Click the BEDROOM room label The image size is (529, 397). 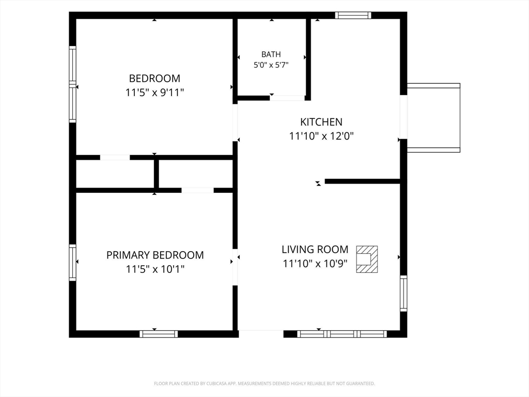[x=154, y=79]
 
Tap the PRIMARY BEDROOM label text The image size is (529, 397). [x=155, y=255]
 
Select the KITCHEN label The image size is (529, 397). [x=321, y=122]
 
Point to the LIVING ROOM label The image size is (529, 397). [x=315, y=250]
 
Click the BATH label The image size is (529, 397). [x=271, y=54]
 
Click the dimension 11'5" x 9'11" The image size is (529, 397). [x=154, y=92]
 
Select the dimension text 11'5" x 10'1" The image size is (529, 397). [x=155, y=269]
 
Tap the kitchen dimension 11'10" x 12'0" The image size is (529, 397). [x=321, y=136]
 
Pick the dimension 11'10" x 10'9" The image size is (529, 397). [x=315, y=263]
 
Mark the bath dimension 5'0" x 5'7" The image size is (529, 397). [x=271, y=65]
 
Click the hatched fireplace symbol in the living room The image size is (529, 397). [x=367, y=259]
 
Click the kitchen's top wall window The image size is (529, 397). [x=353, y=15]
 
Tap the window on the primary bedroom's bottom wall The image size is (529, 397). [x=159, y=334]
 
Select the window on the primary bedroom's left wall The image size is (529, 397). [x=72, y=263]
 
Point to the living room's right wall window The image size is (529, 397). [x=403, y=294]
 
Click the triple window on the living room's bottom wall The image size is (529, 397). [x=342, y=334]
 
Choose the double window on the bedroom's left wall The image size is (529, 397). [x=72, y=84]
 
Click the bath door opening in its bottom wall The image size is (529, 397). [x=287, y=98]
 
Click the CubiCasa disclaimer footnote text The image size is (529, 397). [x=264, y=384]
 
